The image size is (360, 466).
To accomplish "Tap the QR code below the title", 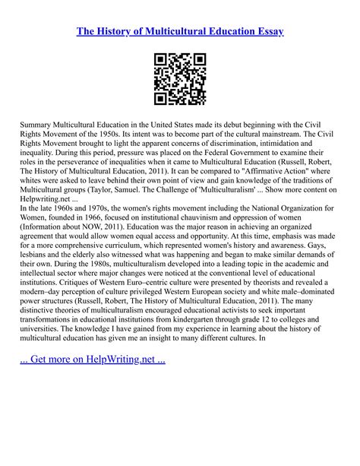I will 180,79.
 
